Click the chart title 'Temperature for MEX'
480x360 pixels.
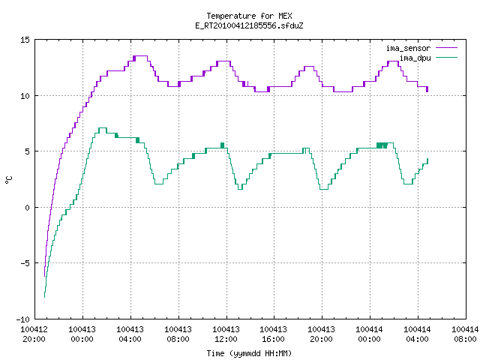249,16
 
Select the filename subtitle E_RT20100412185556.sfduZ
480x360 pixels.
249,25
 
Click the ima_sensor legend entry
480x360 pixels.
421,48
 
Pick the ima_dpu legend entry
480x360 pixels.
428,58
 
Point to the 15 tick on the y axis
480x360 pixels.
25,40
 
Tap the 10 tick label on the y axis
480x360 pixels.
25,96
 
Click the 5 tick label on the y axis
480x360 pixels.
27,151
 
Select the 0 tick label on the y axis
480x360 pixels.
27,208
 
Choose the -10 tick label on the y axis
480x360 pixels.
23,319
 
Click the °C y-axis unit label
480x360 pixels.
8,180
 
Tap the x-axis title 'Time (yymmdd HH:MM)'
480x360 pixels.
249,353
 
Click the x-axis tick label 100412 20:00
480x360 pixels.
34,334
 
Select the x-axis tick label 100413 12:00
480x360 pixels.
226,334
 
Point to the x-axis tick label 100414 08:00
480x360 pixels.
465,334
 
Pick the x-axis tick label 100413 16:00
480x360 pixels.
274,334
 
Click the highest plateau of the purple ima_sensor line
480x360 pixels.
141,56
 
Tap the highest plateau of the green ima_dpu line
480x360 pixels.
103,128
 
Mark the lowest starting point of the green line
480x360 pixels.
45,297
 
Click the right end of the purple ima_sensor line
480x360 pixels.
427,91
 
